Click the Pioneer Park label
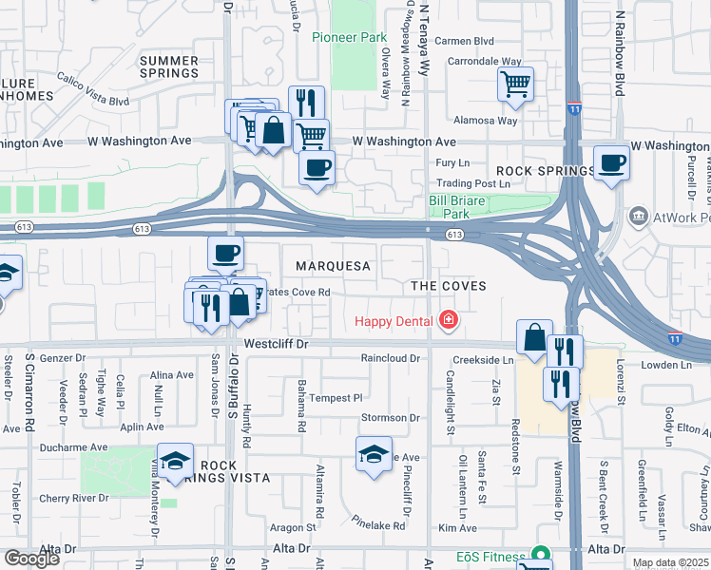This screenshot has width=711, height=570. [x=350, y=38]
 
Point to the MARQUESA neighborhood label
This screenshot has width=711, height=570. [x=332, y=267]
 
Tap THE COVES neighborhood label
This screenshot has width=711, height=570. [x=448, y=286]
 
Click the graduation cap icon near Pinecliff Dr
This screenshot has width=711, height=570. [x=374, y=453]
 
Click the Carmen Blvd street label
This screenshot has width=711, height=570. [x=465, y=41]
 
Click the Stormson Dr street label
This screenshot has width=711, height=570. [x=390, y=418]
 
